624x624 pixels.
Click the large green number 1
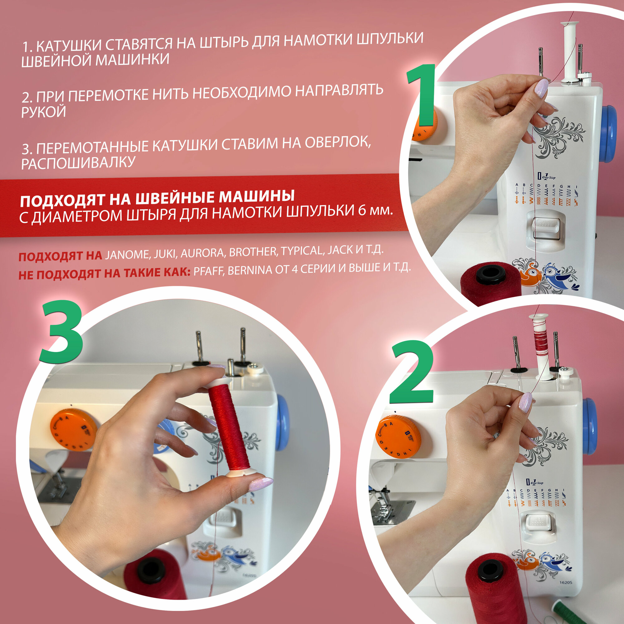(x=422, y=95)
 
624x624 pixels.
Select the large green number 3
(x=61, y=331)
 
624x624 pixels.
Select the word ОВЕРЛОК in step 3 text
(x=338, y=143)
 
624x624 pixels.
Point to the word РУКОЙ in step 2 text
(x=43, y=112)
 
